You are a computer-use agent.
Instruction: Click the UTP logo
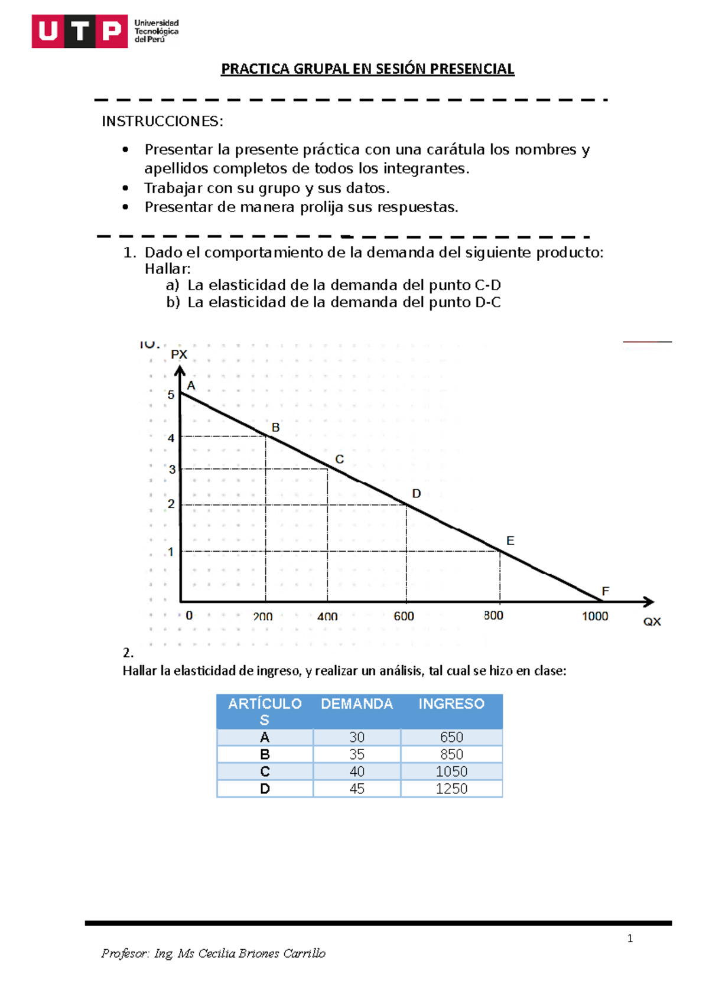pos(80,31)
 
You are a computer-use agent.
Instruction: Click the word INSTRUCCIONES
pos(162,122)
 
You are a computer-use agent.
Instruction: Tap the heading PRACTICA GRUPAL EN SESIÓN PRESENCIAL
pos(367,69)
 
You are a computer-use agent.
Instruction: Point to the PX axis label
pos(179,354)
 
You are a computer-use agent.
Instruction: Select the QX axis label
pos(652,621)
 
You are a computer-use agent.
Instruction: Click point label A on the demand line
pos(191,386)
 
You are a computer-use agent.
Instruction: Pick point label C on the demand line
pos(339,459)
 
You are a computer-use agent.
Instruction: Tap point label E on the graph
pos(510,540)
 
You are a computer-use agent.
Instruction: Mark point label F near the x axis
pos(605,591)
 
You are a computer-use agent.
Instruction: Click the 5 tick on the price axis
pos(171,395)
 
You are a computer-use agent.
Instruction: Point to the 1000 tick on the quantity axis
pos(594,616)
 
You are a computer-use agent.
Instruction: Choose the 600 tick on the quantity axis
pos(404,616)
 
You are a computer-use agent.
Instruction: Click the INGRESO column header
pos(451,704)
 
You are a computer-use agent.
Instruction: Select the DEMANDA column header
pos(357,704)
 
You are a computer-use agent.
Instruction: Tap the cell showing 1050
pos(451,771)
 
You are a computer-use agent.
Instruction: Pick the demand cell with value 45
pos(357,789)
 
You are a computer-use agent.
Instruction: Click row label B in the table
pos(265,754)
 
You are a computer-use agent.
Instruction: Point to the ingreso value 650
pos(451,737)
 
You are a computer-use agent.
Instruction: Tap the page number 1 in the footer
pos(630,939)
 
